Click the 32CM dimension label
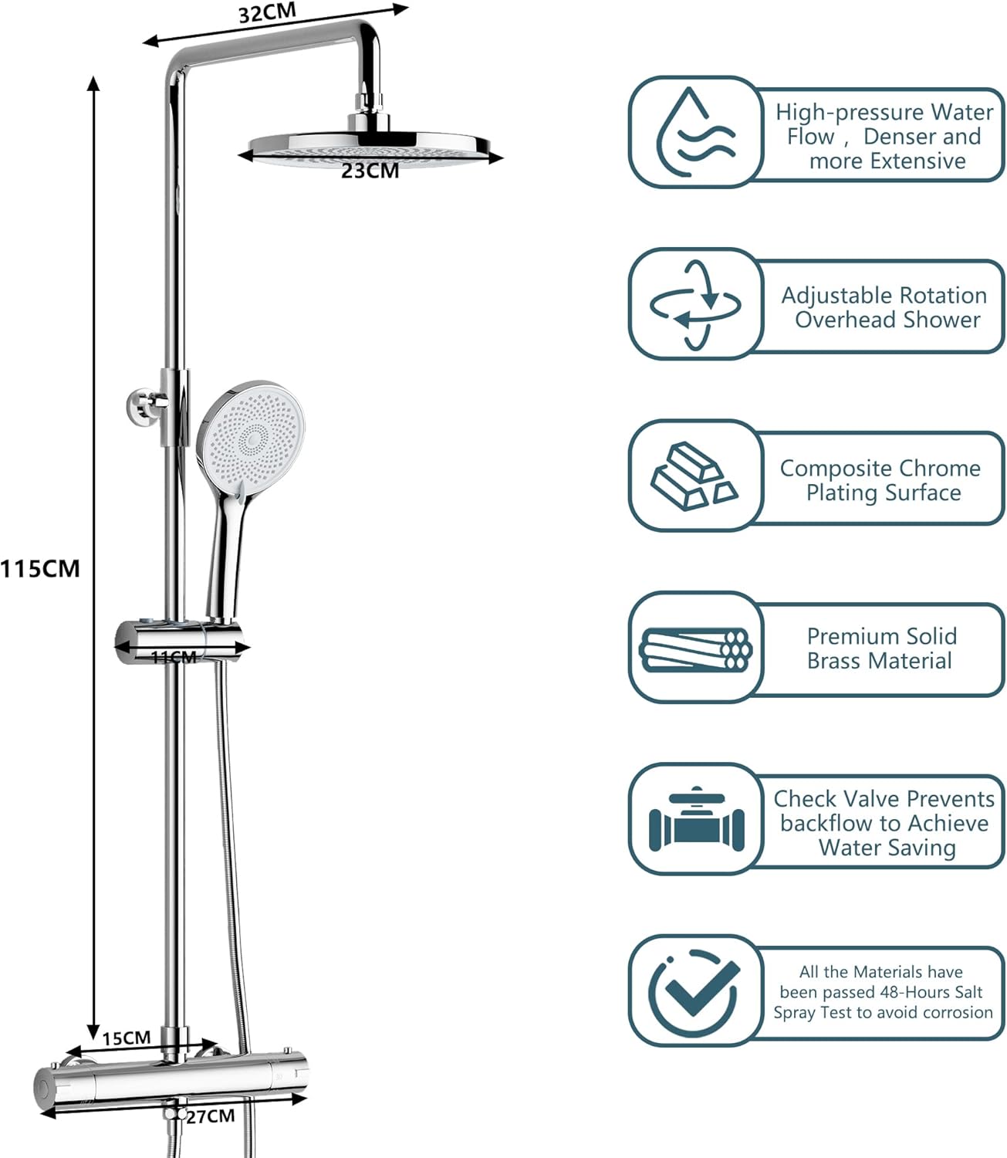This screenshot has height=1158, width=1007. (x=266, y=14)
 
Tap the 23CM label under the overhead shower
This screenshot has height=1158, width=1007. (x=370, y=171)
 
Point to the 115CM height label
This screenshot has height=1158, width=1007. (x=40, y=569)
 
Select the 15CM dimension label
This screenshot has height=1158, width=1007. (x=127, y=1038)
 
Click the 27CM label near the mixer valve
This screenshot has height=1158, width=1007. (x=210, y=1116)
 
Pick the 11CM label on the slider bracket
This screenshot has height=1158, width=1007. (x=174, y=657)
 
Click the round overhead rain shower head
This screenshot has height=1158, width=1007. (x=370, y=147)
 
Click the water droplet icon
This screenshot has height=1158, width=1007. (x=694, y=132)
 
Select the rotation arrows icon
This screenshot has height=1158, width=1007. (x=695, y=304)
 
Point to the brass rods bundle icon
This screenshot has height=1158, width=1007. (x=695, y=648)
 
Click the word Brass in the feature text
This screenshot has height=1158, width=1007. (x=833, y=661)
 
